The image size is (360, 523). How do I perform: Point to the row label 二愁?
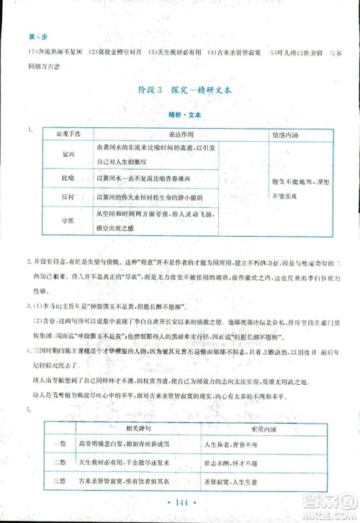pyautogui.click(x=60, y=464)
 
